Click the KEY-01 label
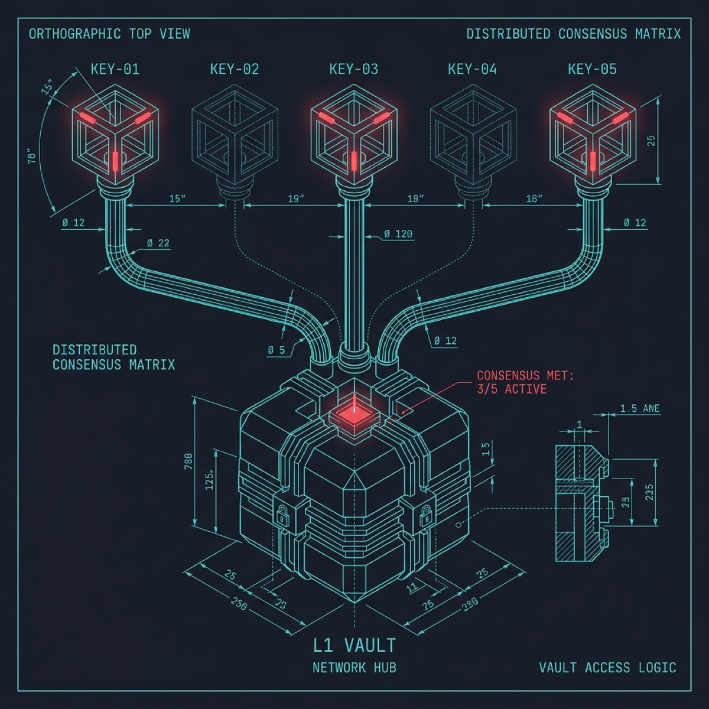(115, 69)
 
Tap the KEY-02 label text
(235, 69)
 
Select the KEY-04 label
(472, 69)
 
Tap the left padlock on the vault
(282, 515)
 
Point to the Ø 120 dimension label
(398, 234)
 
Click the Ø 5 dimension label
(276, 350)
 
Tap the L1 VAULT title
(354, 645)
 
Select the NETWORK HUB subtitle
(354, 668)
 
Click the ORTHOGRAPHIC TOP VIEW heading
(109, 34)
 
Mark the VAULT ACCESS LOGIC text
(607, 668)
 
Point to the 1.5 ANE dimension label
(639, 408)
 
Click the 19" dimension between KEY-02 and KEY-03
(295, 199)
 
